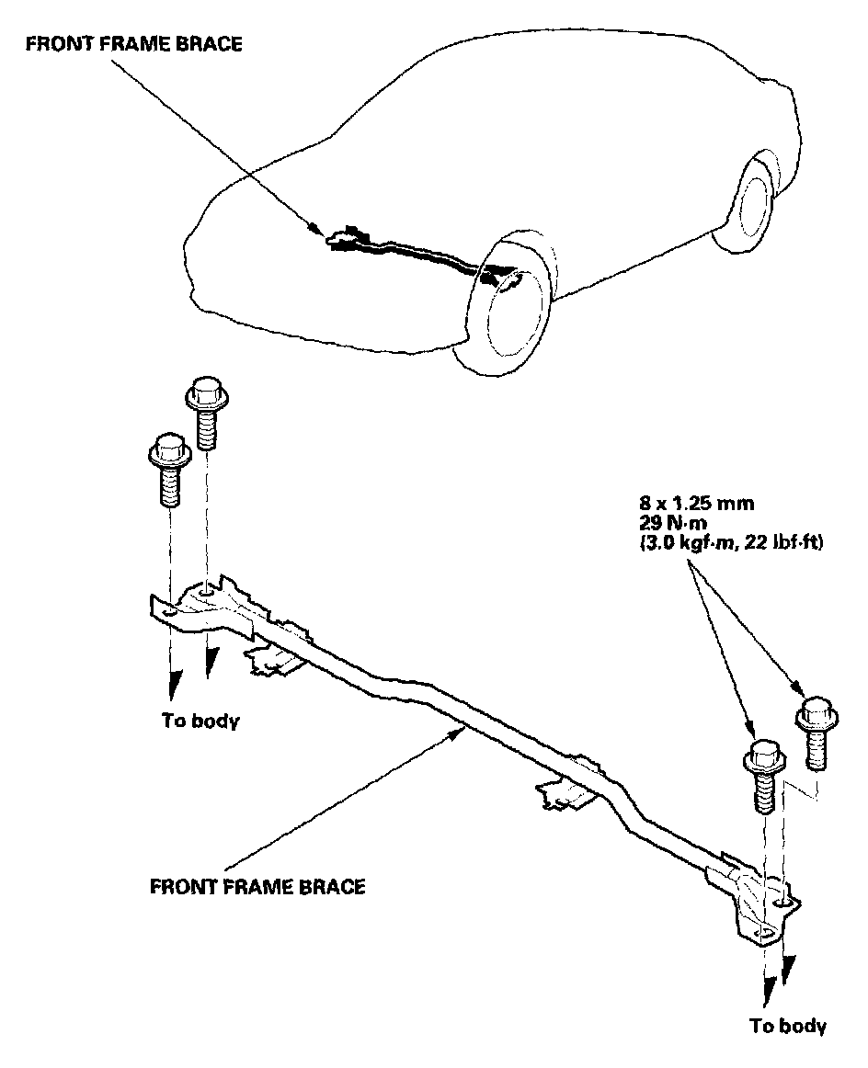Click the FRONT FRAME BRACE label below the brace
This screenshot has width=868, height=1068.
click(257, 887)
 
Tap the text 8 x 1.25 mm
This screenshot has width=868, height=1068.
click(698, 503)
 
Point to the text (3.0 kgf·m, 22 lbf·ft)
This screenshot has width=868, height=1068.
click(732, 543)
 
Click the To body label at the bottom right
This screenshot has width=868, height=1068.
click(787, 1026)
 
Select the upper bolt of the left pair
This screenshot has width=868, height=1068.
click(203, 415)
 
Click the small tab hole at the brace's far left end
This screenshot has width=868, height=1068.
click(167, 612)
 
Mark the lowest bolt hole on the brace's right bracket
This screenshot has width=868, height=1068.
click(764, 932)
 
